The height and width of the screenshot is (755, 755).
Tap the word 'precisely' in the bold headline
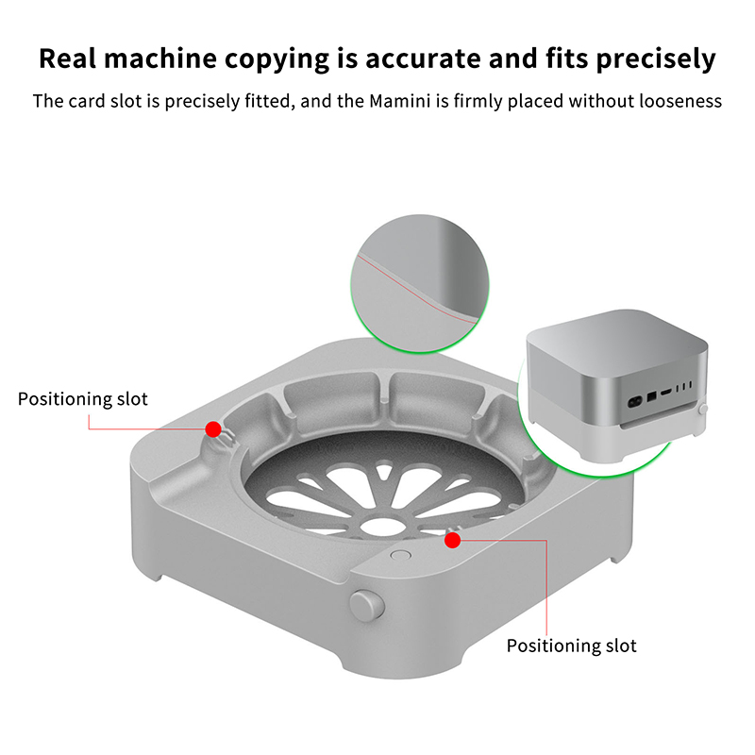[x=656, y=59]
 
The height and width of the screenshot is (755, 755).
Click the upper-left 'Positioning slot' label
[x=82, y=399]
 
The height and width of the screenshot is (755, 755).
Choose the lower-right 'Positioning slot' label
[x=572, y=646]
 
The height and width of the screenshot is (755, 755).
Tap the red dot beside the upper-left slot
[x=213, y=428]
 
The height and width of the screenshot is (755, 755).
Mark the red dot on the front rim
[x=453, y=540]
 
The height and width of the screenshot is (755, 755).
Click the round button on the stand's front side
[x=367, y=605]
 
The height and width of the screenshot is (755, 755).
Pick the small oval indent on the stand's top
[x=400, y=555]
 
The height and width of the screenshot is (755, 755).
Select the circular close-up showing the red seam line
[x=420, y=284]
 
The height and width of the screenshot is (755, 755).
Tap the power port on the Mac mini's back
[x=635, y=400]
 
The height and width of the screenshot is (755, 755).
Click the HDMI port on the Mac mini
[x=666, y=393]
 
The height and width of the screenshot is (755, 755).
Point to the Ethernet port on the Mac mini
[x=651, y=396]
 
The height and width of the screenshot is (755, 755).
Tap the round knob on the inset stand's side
[x=703, y=410]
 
